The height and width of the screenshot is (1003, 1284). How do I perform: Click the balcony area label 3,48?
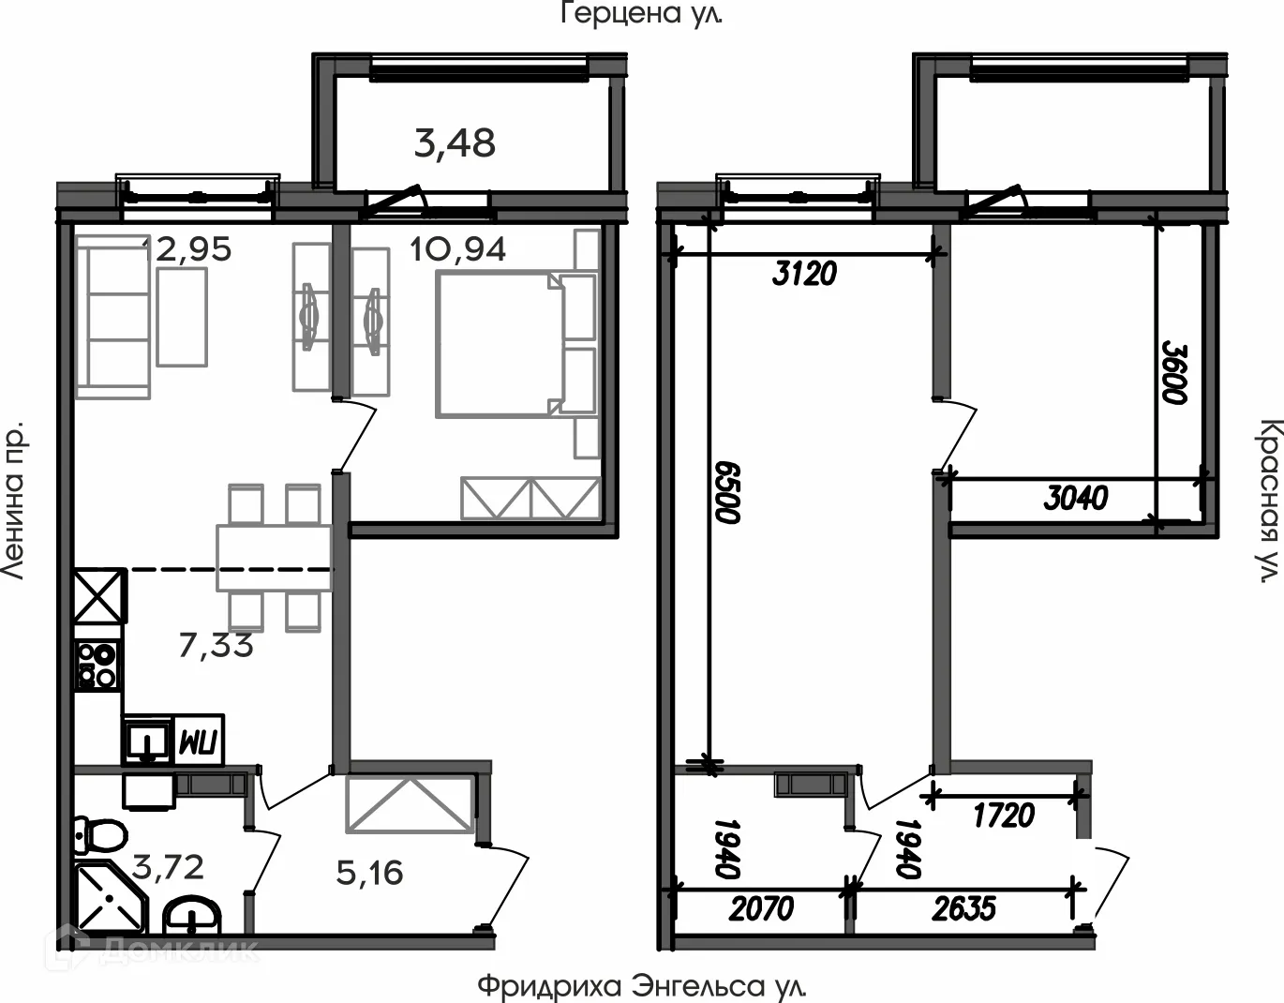click(455, 143)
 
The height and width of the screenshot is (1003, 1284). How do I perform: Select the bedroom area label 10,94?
click(458, 249)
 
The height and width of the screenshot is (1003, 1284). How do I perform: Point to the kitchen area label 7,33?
click(216, 645)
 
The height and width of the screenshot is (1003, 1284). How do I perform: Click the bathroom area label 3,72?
click(168, 867)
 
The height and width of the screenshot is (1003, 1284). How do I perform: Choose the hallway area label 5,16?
click(369, 873)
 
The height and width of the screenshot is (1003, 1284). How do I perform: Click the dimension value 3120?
click(803, 274)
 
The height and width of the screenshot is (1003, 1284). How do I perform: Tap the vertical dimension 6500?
click(727, 491)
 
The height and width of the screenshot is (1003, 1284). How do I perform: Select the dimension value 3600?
click(1175, 372)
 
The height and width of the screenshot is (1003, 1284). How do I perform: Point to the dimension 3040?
click(1076, 498)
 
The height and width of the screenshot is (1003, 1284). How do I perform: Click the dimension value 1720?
click(1004, 816)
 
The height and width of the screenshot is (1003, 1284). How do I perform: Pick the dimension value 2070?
click(760, 908)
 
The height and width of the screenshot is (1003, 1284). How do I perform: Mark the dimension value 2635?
click(964, 908)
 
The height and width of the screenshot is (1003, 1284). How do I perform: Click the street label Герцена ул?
click(642, 14)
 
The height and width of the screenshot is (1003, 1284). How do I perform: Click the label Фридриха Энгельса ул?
click(641, 986)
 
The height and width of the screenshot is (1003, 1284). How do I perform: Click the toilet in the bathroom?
click(99, 832)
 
